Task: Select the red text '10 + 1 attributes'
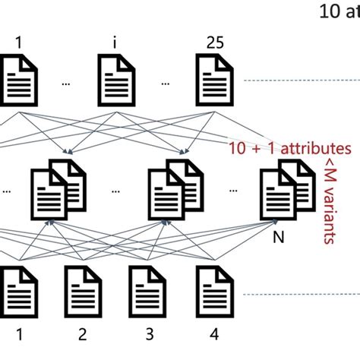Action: [290, 149]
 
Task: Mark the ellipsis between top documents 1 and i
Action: [65, 83]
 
